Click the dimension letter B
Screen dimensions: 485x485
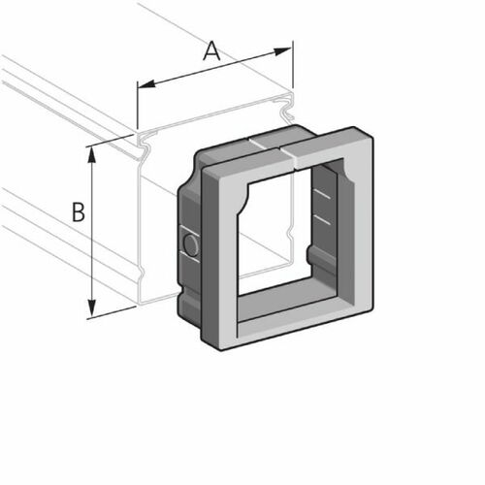pyautogui.click(x=81, y=211)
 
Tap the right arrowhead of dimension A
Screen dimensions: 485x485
pyautogui.click(x=287, y=47)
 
